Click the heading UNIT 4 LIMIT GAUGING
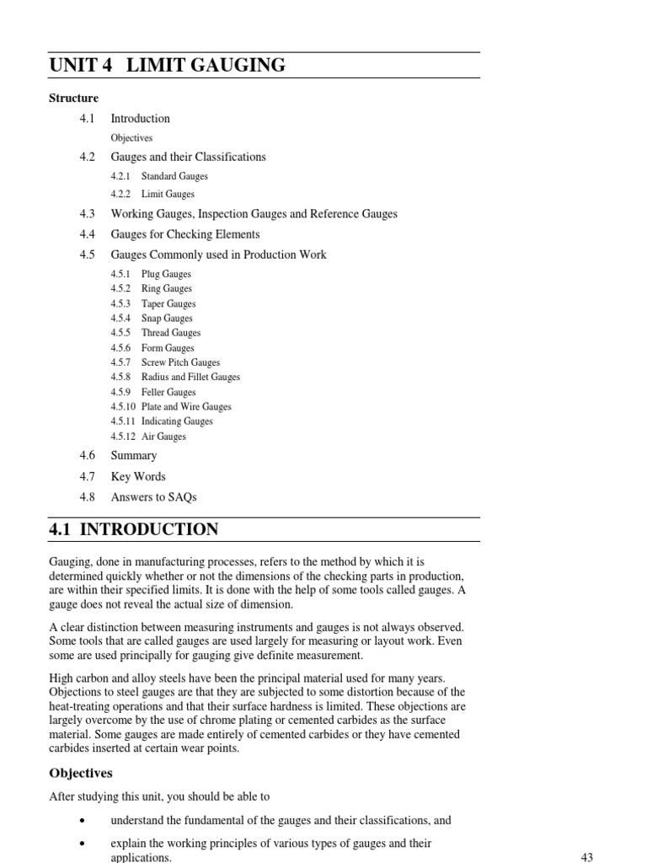tap(167, 65)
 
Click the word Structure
tap(73, 99)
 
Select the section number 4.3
tap(87, 214)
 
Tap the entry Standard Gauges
tap(174, 176)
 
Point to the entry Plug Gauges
tap(166, 274)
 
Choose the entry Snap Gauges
tap(167, 319)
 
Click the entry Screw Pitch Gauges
tap(180, 362)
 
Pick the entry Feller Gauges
tap(168, 392)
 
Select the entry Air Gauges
tap(163, 437)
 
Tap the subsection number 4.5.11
tap(122, 421)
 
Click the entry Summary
tap(134, 456)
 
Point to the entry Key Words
tap(138, 476)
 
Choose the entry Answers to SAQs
tap(153, 497)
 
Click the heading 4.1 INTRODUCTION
tap(133, 529)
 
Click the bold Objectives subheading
tap(81, 773)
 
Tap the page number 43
tap(586, 857)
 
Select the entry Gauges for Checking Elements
tap(185, 234)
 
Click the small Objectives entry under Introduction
tap(131, 137)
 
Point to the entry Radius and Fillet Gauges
tap(190, 378)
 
